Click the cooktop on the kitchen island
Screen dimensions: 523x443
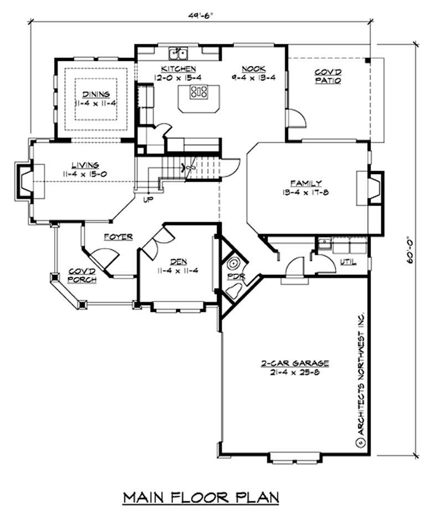[199, 91]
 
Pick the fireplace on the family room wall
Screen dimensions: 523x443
[373, 189]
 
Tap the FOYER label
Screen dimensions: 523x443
[118, 237]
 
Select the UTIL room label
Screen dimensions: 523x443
[347, 261]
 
